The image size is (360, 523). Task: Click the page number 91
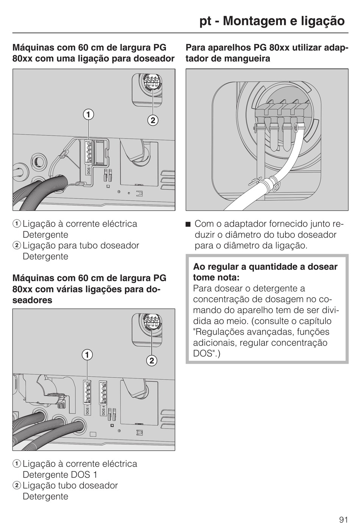pyautogui.click(x=344, y=509)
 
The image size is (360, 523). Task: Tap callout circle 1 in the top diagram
pyautogui.click(x=89, y=114)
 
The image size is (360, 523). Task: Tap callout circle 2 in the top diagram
pyautogui.click(x=152, y=121)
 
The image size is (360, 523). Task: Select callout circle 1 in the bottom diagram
pyautogui.click(x=88, y=354)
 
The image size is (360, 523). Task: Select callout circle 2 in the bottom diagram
pyautogui.click(x=152, y=360)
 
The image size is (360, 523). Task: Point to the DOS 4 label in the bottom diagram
pyautogui.click(x=103, y=410)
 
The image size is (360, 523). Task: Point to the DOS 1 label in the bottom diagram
pyautogui.click(x=87, y=410)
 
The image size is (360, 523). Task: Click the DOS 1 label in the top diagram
pyautogui.click(x=89, y=169)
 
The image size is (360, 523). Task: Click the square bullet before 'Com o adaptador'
pyautogui.click(x=188, y=224)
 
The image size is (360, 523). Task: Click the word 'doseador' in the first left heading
pyautogui.click(x=156, y=59)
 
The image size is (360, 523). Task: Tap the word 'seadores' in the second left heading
pyautogui.click(x=32, y=300)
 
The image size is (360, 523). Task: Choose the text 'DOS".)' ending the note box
pyautogui.click(x=207, y=354)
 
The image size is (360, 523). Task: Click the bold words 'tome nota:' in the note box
pyautogui.click(x=216, y=277)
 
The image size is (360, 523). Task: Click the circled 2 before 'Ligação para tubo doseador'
pyautogui.click(x=17, y=246)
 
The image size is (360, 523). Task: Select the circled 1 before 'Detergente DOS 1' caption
pyautogui.click(x=17, y=464)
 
